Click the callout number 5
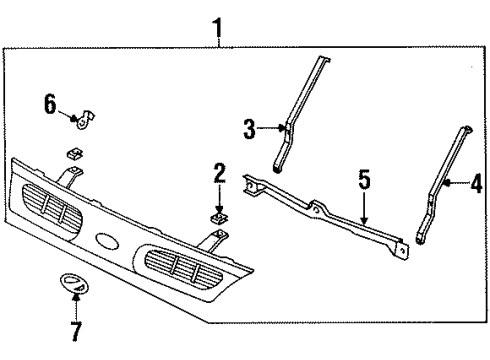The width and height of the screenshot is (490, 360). pyautogui.click(x=365, y=181)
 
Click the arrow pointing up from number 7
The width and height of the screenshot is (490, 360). pyautogui.click(x=76, y=304)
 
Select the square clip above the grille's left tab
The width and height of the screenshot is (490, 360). pyautogui.click(x=74, y=154)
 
